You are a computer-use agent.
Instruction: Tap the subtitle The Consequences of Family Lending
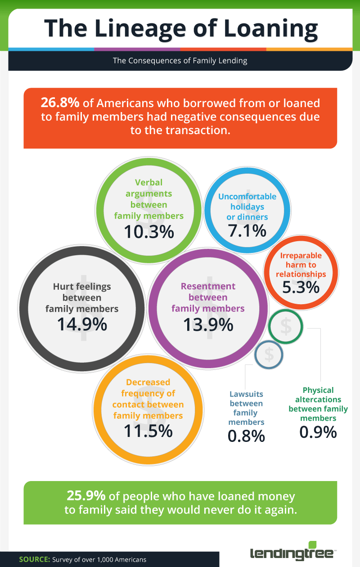[x=180, y=61]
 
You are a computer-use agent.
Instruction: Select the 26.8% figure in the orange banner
[x=60, y=103]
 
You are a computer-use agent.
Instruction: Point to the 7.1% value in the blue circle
[x=247, y=231]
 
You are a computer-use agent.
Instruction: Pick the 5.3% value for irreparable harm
[x=301, y=287]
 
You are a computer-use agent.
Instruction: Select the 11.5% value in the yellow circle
[x=148, y=431]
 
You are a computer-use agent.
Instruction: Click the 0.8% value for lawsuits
[x=246, y=436]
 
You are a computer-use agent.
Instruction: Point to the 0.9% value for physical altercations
[x=318, y=432]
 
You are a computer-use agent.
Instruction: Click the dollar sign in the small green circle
[x=285, y=327]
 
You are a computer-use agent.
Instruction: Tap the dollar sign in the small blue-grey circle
[x=269, y=355]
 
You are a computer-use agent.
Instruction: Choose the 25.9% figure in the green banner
[x=86, y=496]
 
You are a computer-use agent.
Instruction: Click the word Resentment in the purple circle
[x=208, y=286]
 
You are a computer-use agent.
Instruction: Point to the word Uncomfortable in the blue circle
[x=247, y=197]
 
